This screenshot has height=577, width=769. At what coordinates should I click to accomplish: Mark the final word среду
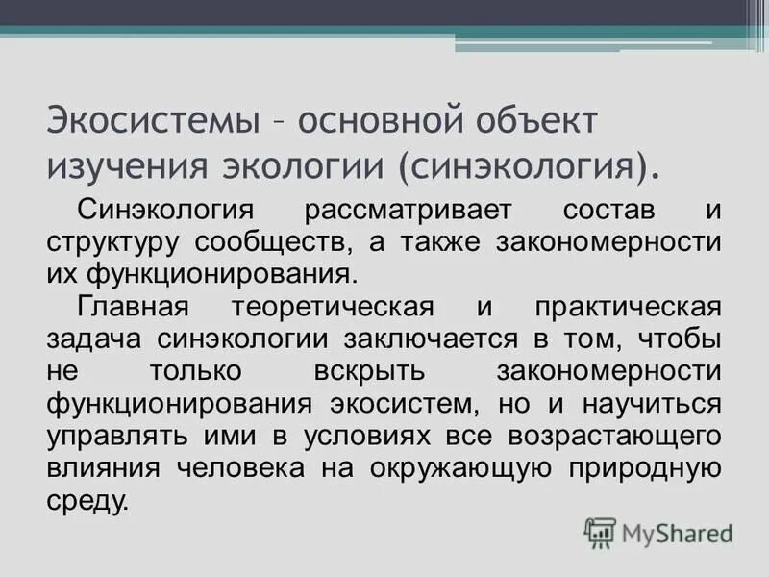point(86,501)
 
